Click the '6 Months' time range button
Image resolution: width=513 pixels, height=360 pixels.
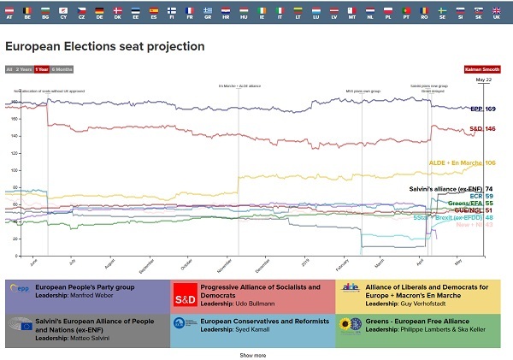tap(62, 68)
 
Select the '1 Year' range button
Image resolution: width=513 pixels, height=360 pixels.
tap(42, 68)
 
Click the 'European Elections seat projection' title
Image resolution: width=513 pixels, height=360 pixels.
tap(105, 45)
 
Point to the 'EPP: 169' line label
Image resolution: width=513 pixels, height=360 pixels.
tap(482, 109)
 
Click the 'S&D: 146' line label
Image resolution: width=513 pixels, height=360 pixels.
tap(482, 129)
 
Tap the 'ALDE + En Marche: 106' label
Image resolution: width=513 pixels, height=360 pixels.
tap(462, 162)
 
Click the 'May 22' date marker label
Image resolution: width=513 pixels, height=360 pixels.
tap(483, 80)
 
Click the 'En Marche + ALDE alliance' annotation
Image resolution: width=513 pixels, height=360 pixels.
tap(239, 86)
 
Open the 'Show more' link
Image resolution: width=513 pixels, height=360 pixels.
tap(252, 354)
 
